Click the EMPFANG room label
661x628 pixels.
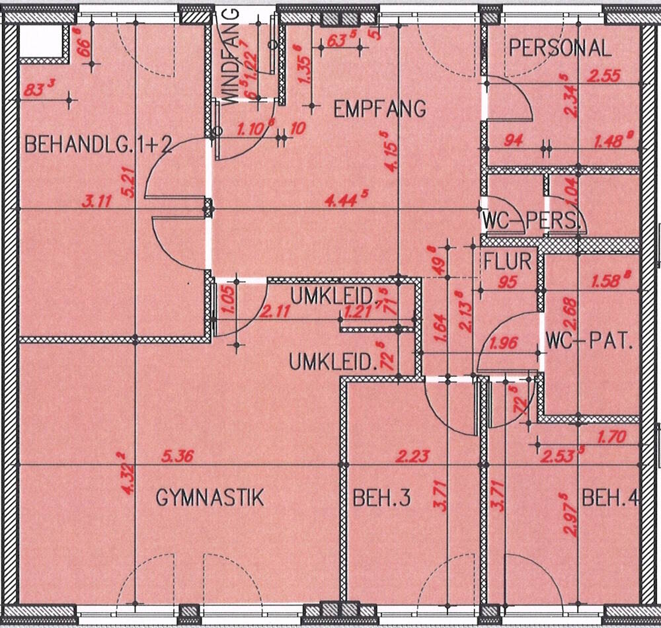tap(379, 108)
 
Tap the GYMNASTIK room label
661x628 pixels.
tap(210, 497)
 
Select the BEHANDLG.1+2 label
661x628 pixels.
tap(98, 145)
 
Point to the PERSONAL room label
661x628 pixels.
tap(561, 48)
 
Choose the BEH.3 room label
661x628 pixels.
tap(383, 498)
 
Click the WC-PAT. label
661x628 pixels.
tap(590, 343)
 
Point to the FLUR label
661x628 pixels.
tap(508, 261)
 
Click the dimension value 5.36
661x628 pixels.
tap(178, 456)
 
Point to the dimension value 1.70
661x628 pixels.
tap(611, 437)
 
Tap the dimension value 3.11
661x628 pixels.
tap(97, 200)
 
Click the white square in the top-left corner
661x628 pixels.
tap(41, 41)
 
